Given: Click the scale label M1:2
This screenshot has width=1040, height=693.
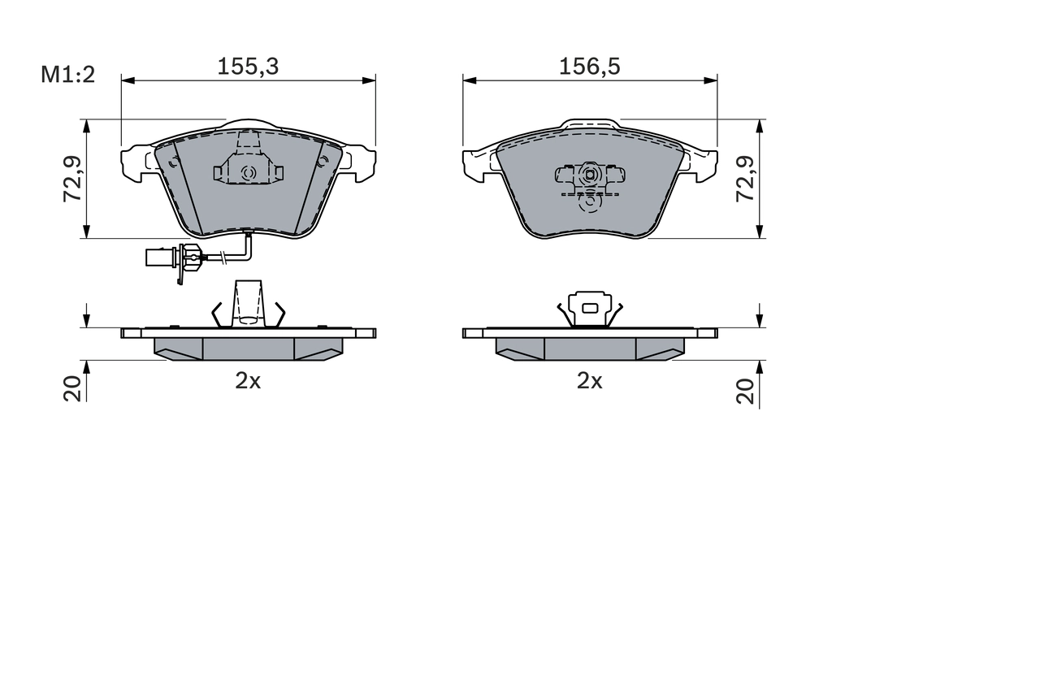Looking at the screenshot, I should pyautogui.click(x=68, y=75).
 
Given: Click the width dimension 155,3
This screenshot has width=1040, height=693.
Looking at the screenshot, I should pyautogui.click(x=248, y=67).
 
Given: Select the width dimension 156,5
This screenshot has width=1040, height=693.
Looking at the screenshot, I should pyautogui.click(x=589, y=67).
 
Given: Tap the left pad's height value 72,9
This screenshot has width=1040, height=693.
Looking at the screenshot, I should pyautogui.click(x=74, y=180).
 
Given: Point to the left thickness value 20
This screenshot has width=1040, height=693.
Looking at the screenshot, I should pyautogui.click(x=74, y=389).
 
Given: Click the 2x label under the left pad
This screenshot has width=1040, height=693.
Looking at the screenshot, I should pyautogui.click(x=248, y=380).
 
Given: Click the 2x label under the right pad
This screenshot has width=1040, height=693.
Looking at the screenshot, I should pyautogui.click(x=589, y=380).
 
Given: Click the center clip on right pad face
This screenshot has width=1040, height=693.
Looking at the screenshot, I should pyautogui.click(x=590, y=174).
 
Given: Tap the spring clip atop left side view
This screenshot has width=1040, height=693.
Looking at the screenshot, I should pyautogui.click(x=249, y=305).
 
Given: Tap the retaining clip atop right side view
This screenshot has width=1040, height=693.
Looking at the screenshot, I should pyautogui.click(x=590, y=309).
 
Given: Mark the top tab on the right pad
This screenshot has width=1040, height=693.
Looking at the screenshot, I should pyautogui.click(x=590, y=123).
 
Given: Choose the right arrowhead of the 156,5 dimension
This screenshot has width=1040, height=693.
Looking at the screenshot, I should pyautogui.click(x=712, y=80).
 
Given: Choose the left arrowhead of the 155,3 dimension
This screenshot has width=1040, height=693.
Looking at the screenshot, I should pyautogui.click(x=127, y=80).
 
